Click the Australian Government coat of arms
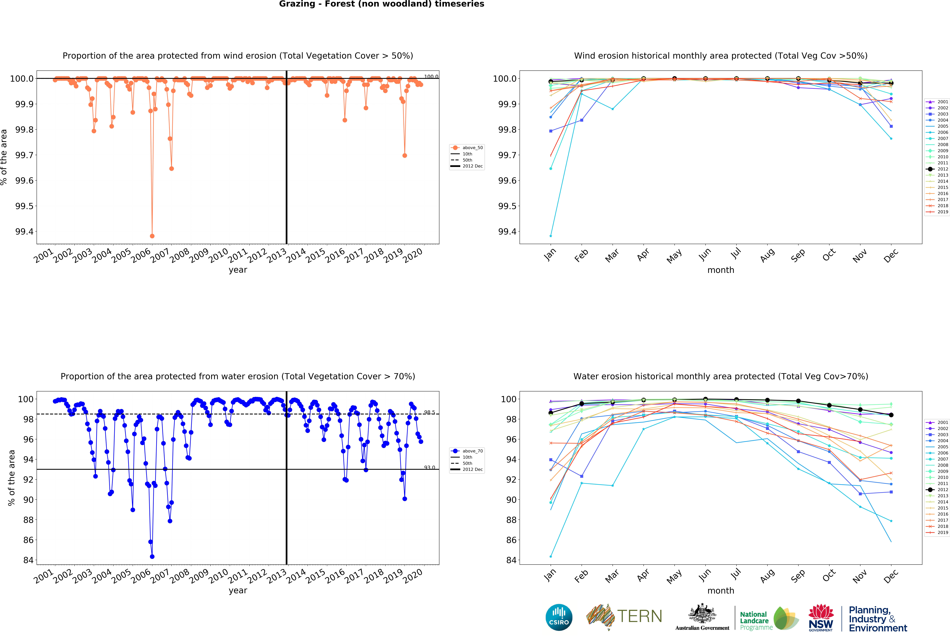coord(702,613)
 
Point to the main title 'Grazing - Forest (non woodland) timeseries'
coord(381,4)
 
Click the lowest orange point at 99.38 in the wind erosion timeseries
coord(152,236)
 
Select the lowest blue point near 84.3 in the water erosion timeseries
coord(152,557)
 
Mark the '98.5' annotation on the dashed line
coord(429,412)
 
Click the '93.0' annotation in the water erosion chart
coord(429,467)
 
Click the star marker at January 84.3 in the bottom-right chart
coord(551,557)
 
